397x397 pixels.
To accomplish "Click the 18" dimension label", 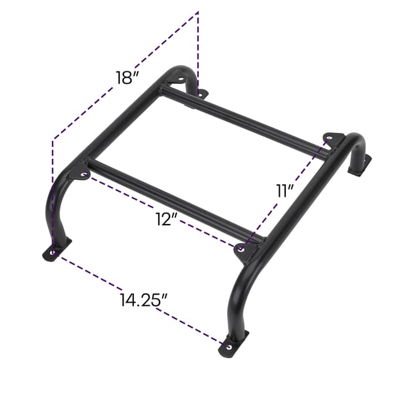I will [x=128, y=78].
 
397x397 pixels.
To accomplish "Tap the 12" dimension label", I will [x=168, y=219].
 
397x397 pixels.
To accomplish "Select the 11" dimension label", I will [x=285, y=190].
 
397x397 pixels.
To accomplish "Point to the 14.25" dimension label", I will [x=145, y=299].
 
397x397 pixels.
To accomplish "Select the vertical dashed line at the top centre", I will [x=198, y=50].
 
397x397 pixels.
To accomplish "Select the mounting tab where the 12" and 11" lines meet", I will [x=244, y=249].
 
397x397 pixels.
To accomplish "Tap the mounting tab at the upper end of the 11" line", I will [x=333, y=138].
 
